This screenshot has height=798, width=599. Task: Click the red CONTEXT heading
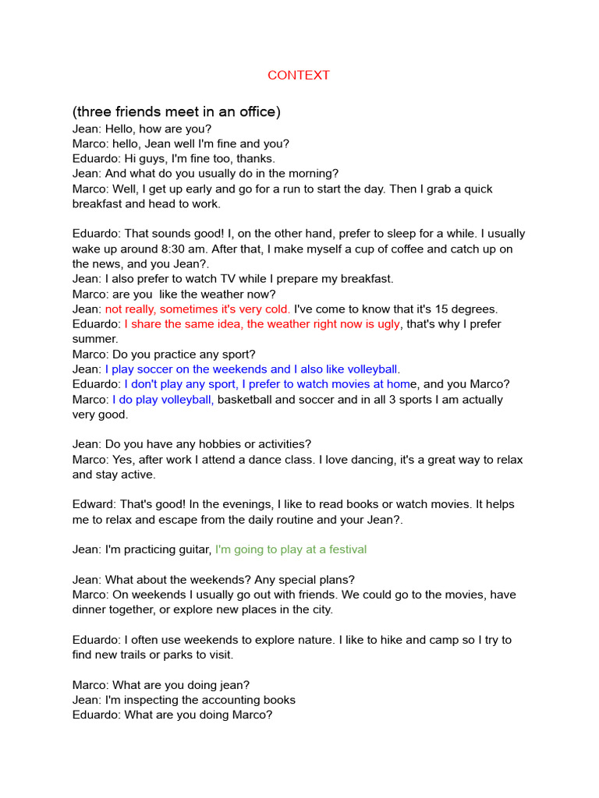[x=299, y=76]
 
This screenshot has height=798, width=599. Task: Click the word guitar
[x=192, y=549]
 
